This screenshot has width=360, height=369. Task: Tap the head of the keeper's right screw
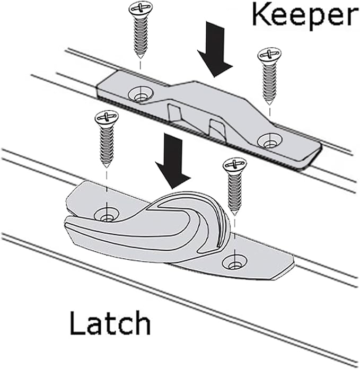pyautogui.click(x=269, y=55)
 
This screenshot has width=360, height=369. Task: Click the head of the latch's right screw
pyautogui.click(x=234, y=165)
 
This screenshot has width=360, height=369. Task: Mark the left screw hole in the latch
pyautogui.click(x=107, y=215)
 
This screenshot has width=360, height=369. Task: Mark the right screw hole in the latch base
pyautogui.click(x=233, y=261)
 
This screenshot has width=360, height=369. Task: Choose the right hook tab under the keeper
pyautogui.click(x=217, y=128)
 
